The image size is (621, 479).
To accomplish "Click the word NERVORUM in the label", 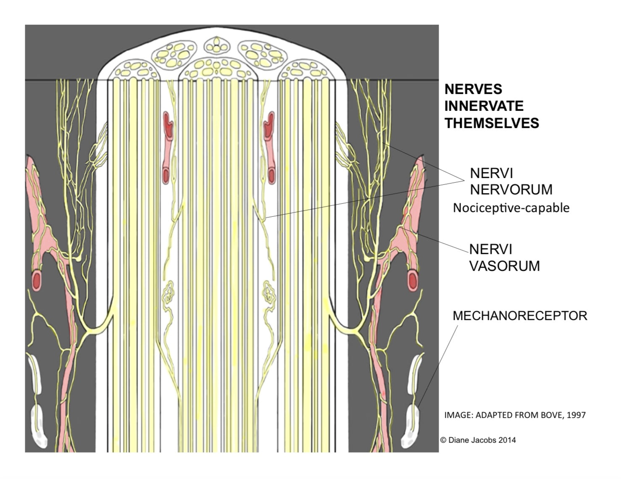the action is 511,189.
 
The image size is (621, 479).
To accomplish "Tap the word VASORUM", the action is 504,266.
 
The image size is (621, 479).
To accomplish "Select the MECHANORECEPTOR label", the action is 520,316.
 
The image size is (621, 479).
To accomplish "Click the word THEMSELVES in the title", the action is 492,123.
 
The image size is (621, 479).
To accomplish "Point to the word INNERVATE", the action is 484,106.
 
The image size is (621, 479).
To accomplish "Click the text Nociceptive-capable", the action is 511,208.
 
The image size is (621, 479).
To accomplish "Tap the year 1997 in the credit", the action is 576,415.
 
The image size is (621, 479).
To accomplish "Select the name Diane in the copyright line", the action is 458,440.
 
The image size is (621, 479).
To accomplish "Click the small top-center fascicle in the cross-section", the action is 217,46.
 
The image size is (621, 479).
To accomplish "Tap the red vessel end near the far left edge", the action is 36,281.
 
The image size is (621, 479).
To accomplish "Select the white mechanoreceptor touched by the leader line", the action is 410,426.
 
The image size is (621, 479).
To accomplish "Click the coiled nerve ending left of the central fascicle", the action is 168,295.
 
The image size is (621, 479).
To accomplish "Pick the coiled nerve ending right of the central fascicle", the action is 269,295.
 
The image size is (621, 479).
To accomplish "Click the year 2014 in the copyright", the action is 507,440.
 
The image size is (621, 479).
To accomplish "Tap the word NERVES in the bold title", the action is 473,89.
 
